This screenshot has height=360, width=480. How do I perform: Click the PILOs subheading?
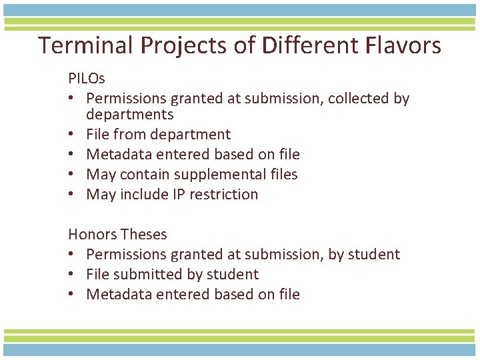(x=87, y=79)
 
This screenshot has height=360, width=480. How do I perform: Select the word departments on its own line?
(x=129, y=115)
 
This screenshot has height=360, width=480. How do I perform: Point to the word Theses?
(x=145, y=235)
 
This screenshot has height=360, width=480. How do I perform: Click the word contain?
(x=136, y=175)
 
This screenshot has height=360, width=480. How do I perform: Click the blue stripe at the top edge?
(x=240, y=9)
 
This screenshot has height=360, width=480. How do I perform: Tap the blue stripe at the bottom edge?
(x=240, y=349)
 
